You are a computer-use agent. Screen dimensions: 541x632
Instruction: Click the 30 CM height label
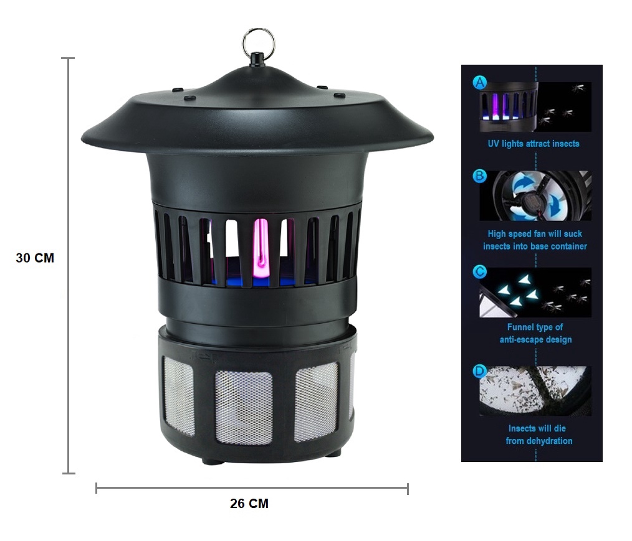(x=35, y=258)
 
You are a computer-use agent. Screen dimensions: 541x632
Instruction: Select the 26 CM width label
(x=249, y=504)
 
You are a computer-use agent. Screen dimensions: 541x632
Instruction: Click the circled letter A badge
(x=479, y=82)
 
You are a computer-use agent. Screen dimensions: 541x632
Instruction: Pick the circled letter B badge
(x=479, y=176)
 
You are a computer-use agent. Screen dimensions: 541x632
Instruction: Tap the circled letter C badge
(x=479, y=271)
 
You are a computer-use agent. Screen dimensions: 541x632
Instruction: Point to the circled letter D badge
(x=479, y=371)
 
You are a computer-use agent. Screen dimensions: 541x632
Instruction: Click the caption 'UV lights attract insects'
(x=533, y=144)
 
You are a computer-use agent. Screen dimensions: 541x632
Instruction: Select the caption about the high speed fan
(x=535, y=240)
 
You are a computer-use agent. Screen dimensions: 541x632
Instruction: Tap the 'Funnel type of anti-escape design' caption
(x=535, y=333)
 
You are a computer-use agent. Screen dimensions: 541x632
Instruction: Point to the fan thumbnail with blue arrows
(x=535, y=195)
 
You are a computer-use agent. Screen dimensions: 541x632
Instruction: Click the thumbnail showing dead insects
(x=535, y=390)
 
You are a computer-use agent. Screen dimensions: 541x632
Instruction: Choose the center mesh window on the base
(x=244, y=407)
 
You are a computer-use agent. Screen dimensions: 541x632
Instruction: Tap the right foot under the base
(x=332, y=453)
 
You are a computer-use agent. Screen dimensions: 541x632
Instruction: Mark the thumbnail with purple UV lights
(x=509, y=106)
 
